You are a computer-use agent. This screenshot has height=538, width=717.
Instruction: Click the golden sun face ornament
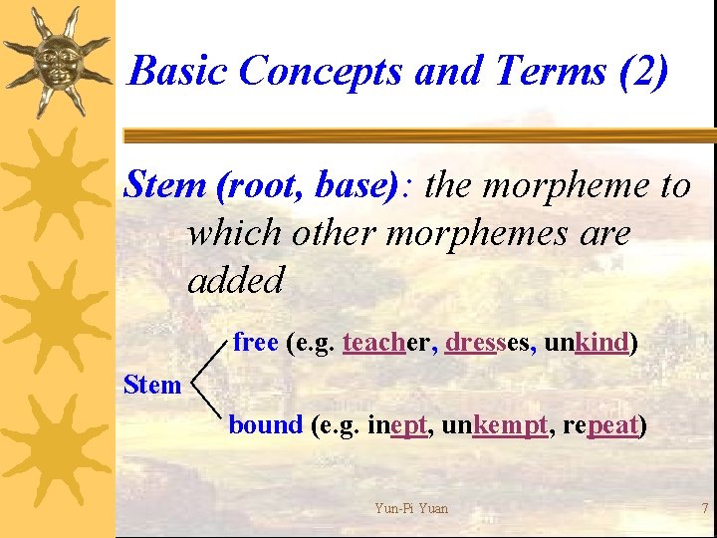point(57,61)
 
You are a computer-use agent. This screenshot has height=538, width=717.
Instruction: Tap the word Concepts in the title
point(320,71)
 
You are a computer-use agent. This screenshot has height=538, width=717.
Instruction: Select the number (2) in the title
point(643,72)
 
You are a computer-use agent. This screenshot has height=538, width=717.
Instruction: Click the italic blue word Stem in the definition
point(165,184)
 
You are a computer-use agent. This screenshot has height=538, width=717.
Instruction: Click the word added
point(235,279)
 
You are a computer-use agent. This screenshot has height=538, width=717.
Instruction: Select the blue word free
point(256,342)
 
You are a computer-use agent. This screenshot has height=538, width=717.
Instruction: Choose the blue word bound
point(266,424)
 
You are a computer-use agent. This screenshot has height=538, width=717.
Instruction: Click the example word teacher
point(386,342)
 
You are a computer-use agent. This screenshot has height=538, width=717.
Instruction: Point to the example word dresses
point(487,342)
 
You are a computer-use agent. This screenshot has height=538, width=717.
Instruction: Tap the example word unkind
point(587,342)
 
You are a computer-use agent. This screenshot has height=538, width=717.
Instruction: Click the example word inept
point(397,425)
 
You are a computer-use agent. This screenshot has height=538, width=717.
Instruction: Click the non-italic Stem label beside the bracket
point(152,385)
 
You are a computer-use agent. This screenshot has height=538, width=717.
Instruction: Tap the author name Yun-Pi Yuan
point(411,508)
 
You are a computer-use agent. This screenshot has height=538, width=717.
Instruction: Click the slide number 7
point(704,508)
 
